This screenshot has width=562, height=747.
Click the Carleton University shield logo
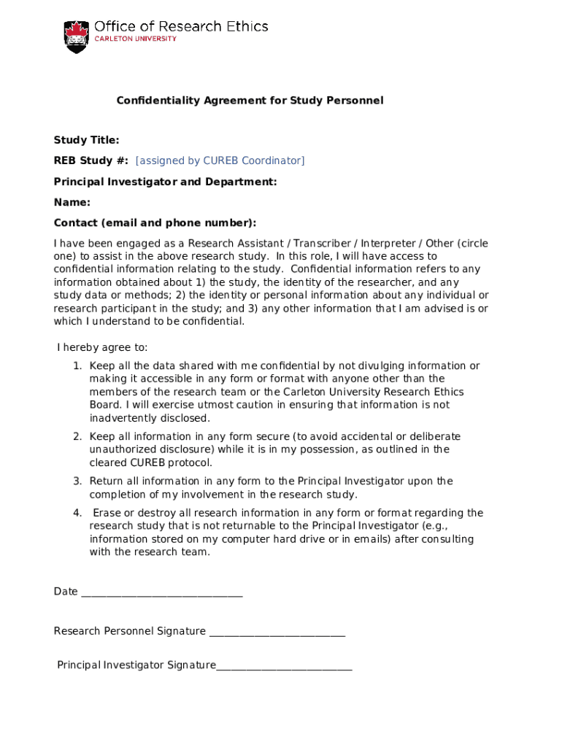(x=75, y=36)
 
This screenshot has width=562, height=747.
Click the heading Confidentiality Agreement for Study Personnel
(x=250, y=101)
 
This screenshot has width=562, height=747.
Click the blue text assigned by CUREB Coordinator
(x=220, y=160)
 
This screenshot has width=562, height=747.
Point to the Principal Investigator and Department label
(x=165, y=182)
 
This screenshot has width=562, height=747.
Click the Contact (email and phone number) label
(x=155, y=222)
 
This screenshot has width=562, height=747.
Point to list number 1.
(x=77, y=366)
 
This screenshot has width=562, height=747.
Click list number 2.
(x=77, y=437)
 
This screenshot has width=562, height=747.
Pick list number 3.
(x=77, y=481)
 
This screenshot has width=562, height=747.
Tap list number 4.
(x=77, y=514)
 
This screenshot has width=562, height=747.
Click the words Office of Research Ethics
(x=181, y=27)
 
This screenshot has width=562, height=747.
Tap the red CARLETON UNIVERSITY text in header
(x=135, y=39)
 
